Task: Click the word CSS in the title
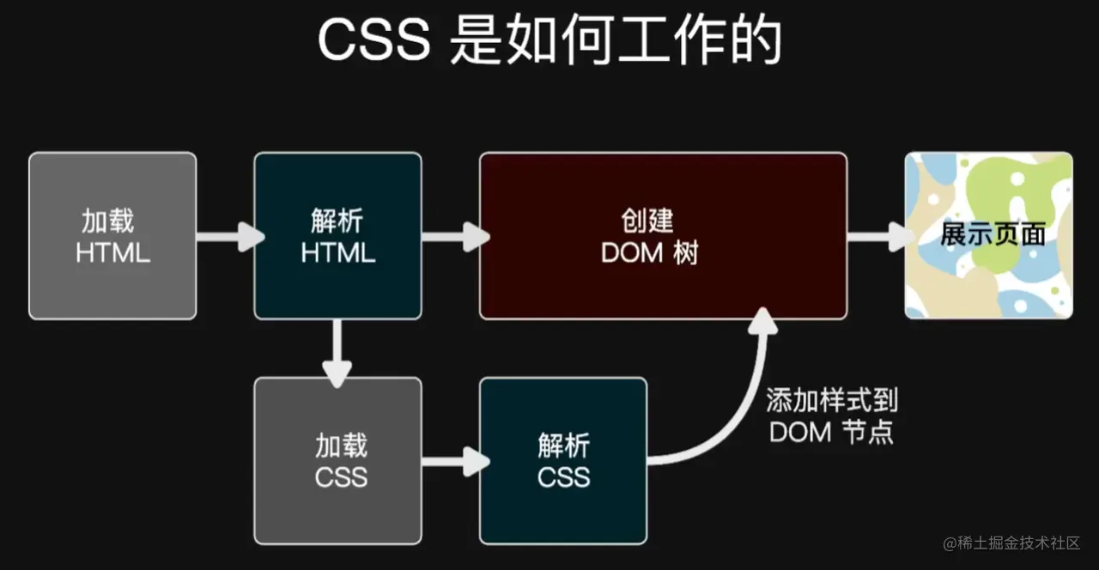(373, 41)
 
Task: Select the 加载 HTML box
(112, 236)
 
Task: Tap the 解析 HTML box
(338, 236)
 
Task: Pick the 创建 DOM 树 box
(663, 236)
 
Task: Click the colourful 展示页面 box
(988, 236)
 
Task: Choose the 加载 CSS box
(338, 461)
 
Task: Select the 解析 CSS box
(563, 461)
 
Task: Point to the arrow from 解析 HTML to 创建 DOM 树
(453, 236)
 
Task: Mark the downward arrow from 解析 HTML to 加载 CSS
(337, 352)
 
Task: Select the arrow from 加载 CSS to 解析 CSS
(453, 461)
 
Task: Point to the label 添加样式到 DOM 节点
(831, 416)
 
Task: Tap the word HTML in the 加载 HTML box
(112, 253)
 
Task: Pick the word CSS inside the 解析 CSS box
(564, 476)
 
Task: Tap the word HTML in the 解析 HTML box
(338, 253)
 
